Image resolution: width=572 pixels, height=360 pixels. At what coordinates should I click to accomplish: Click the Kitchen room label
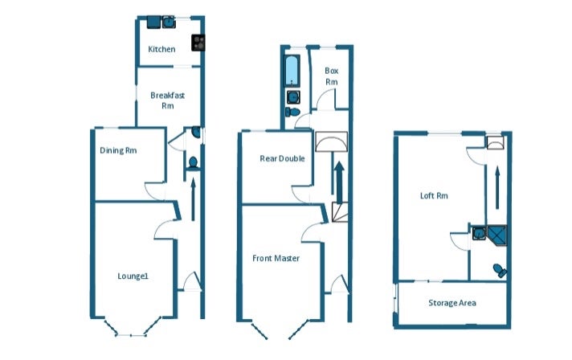[x=161, y=49]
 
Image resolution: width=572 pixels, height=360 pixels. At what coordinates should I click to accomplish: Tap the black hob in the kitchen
[x=198, y=43]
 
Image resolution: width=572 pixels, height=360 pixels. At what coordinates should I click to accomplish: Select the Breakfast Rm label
[x=167, y=100]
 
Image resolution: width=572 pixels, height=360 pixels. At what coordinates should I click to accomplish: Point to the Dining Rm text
[x=118, y=150]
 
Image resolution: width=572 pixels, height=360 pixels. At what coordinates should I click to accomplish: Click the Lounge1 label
[x=133, y=276]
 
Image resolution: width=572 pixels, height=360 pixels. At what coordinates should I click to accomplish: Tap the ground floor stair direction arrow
[x=193, y=198]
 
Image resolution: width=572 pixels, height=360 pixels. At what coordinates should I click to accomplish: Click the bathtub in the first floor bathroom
[x=292, y=72]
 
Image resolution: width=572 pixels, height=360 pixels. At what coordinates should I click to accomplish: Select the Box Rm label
[x=331, y=76]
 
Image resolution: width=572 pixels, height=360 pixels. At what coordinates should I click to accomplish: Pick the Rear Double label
[x=282, y=158]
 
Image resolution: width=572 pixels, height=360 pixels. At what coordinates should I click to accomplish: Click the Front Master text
[x=276, y=258]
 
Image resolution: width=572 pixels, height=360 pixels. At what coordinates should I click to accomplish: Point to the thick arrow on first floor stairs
[x=340, y=182]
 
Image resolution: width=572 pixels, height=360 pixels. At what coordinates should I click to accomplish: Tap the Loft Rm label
[x=434, y=196]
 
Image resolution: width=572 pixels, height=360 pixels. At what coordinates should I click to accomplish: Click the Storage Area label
[x=452, y=303]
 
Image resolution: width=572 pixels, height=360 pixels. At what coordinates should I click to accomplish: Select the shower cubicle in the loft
[x=497, y=235]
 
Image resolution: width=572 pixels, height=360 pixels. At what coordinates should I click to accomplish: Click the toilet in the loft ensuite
[x=500, y=271]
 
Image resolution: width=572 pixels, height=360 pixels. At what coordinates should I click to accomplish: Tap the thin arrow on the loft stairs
[x=497, y=188]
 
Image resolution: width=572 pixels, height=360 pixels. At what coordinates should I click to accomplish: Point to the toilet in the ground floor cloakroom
[x=193, y=162]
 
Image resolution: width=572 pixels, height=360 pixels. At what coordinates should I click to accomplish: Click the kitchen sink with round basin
[x=169, y=22]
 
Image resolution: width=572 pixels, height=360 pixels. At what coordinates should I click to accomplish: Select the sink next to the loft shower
[x=479, y=233]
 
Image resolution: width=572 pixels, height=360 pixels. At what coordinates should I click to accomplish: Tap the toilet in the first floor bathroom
[x=292, y=112]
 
